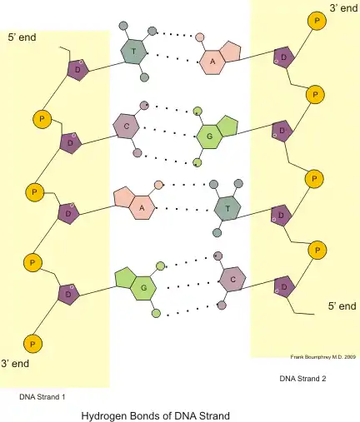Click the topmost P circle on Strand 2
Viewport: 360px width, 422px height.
[317, 21]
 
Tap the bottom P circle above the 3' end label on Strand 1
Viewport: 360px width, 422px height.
[32, 344]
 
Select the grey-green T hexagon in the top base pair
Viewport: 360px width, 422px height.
[134, 52]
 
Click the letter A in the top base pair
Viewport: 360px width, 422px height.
[212, 62]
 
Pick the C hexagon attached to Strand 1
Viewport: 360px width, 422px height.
[126, 127]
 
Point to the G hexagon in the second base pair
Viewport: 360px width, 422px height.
[209, 137]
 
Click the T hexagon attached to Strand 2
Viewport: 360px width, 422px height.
[227, 209]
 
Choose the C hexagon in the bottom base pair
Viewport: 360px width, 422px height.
[232, 280]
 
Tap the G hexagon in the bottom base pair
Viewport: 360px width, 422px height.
[143, 288]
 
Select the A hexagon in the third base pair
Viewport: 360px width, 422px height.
[142, 207]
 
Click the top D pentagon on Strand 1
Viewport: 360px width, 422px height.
[77, 70]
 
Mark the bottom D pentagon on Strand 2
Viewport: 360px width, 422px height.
[284, 286]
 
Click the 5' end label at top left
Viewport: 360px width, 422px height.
[22, 37]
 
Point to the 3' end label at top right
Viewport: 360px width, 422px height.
[343, 8]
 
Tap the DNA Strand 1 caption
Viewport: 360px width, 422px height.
[42, 397]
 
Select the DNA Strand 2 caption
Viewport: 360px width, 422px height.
[302, 379]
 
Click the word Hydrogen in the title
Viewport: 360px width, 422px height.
[103, 416]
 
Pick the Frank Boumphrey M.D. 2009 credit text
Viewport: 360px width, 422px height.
[323, 357]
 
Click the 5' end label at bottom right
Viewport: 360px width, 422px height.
[342, 306]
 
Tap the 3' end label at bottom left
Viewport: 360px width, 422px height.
[15, 364]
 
